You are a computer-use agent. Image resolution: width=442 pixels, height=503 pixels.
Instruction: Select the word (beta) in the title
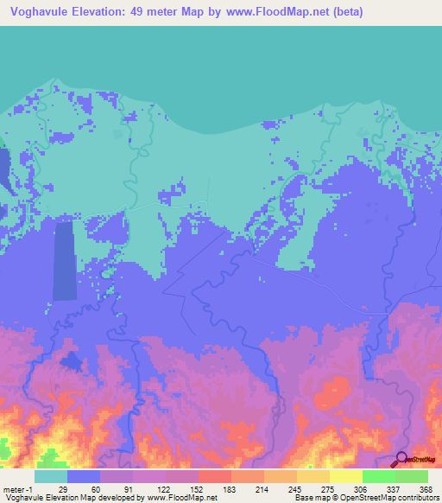[x=343, y=12]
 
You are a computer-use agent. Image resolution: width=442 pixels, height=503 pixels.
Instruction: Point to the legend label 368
[x=427, y=489]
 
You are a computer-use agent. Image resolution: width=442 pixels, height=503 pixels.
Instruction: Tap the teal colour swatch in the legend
[x=51, y=476]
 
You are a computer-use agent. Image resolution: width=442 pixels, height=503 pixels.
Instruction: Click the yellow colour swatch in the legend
[x=345, y=476]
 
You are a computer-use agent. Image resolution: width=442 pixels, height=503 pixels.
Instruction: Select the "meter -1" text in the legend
[x=18, y=489]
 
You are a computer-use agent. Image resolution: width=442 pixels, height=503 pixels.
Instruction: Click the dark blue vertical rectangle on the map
[x=64, y=260]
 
